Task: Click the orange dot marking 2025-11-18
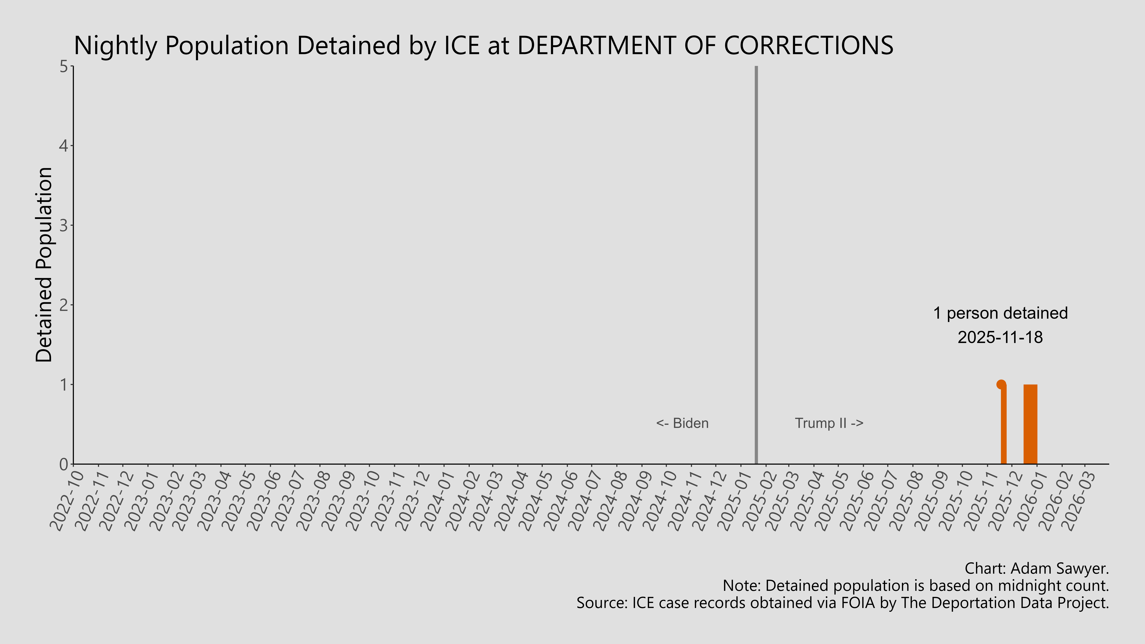point(1001,384)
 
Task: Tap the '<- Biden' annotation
point(682,423)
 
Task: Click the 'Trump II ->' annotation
point(829,423)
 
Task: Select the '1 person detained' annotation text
point(1000,313)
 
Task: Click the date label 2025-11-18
point(1000,337)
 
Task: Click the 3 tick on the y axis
point(64,225)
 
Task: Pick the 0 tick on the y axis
point(64,464)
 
